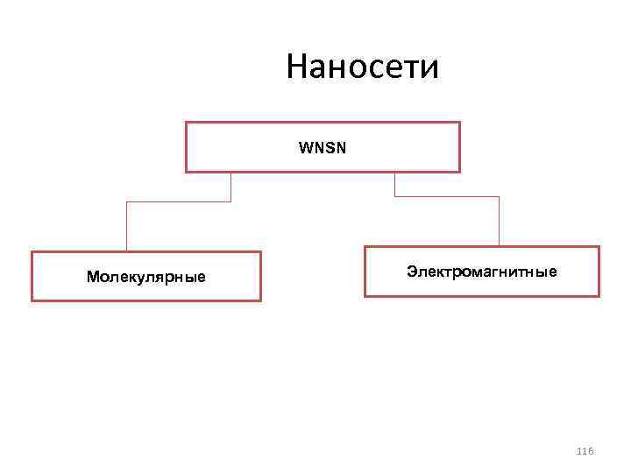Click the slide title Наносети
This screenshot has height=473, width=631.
pos(362,67)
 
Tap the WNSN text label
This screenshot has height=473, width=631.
pos(322,147)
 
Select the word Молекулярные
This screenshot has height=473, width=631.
pos(146,277)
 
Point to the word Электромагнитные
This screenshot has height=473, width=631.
pos(481,272)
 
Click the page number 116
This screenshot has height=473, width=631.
pos(585,450)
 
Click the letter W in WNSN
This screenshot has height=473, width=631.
pos(304,147)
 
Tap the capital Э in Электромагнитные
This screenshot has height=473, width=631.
pos(411,272)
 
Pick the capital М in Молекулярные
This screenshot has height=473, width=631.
pos(92,277)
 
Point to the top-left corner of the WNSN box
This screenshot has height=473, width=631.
pos(186,123)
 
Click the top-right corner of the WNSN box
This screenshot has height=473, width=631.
pos(459,123)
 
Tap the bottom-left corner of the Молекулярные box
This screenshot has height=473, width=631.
pos(32,300)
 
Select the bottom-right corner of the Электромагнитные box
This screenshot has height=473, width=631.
pos(599,296)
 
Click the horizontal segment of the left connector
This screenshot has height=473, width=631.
pos(179,202)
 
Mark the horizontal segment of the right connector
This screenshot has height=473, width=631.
pos(447,196)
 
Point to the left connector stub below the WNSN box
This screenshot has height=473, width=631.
pos(230,187)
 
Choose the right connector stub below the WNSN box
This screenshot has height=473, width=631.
pos(395,184)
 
